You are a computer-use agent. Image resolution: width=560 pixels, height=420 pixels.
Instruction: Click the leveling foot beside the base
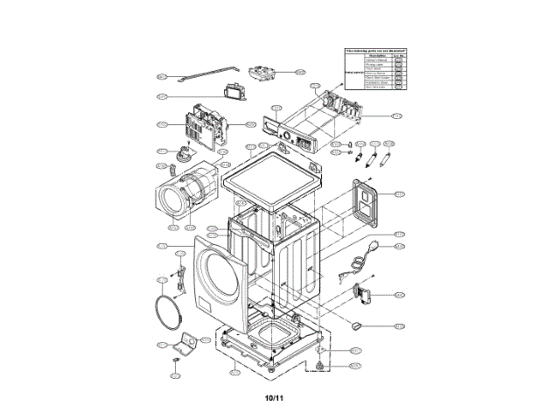pos(321,363)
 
